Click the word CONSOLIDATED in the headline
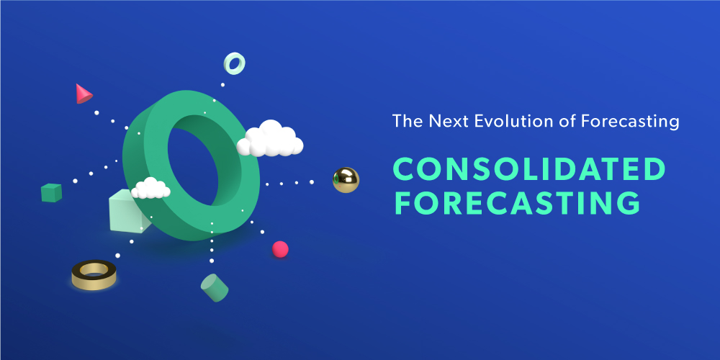[529, 169]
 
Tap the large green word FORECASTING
[517, 204]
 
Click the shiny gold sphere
[346, 179]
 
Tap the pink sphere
[280, 249]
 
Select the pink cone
[83, 94]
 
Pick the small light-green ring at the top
[234, 63]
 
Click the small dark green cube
[51, 192]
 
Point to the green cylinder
[214, 287]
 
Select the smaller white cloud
[150, 189]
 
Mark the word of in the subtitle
[567, 121]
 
